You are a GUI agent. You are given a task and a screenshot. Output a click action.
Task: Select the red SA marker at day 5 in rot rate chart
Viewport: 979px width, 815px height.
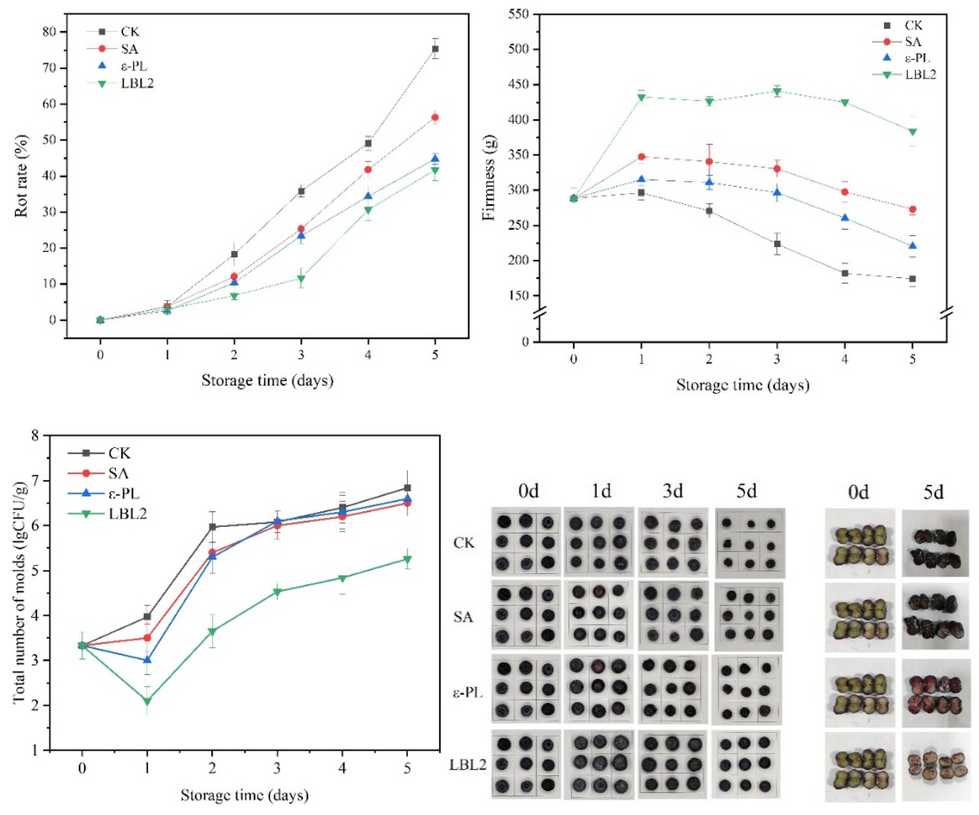tap(435, 118)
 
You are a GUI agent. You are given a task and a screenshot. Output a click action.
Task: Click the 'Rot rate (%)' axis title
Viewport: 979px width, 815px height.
tap(21, 176)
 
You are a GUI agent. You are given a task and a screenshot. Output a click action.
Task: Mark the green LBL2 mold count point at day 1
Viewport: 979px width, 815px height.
tap(147, 701)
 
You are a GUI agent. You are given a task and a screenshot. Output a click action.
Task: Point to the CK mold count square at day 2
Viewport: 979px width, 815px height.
tap(213, 527)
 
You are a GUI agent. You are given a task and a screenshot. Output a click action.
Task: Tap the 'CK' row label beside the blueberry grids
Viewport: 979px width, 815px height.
tap(463, 543)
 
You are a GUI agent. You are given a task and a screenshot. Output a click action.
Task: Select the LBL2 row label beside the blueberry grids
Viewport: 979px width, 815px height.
tap(468, 765)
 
